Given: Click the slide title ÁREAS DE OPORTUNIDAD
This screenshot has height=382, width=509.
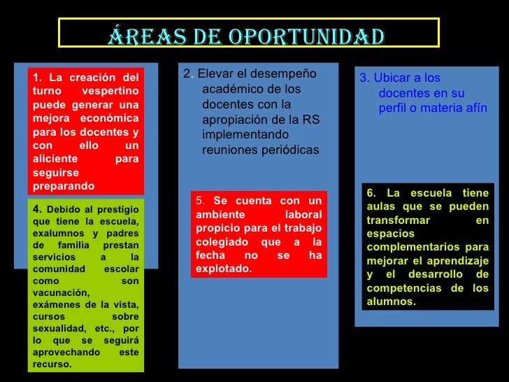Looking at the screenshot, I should tap(246, 34).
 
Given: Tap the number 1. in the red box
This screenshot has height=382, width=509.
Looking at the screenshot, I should tap(38, 77).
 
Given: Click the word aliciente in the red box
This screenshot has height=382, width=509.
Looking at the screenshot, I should tap(54, 160).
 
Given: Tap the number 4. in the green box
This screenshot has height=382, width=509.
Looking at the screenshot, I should tap(38, 208).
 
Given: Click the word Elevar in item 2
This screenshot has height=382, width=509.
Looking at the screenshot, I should tap(213, 75).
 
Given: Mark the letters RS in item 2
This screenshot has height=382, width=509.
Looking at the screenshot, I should tap(311, 120).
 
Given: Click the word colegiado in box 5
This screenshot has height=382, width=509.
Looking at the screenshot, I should tap(222, 242).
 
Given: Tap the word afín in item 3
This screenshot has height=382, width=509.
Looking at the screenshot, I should tap(473, 108).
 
